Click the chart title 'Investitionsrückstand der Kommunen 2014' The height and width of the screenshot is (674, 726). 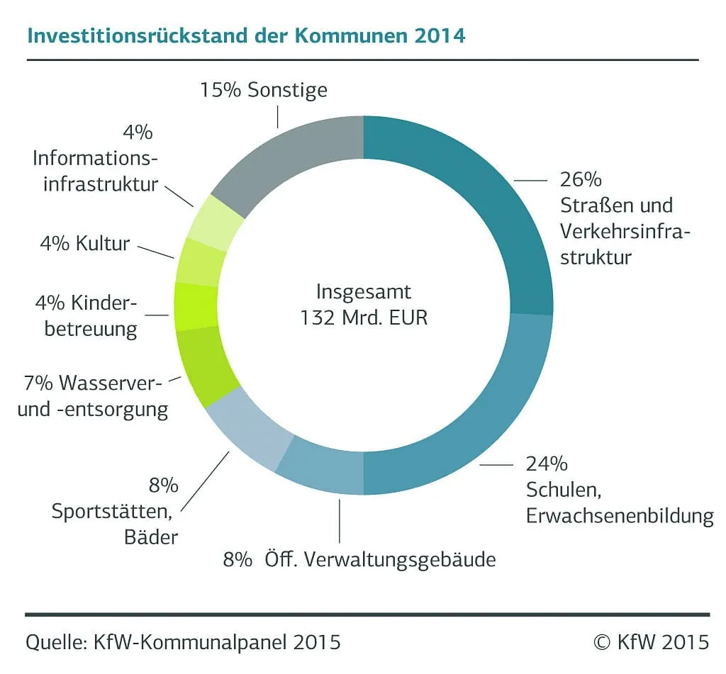click(246, 35)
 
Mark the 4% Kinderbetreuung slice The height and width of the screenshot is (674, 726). click(196, 306)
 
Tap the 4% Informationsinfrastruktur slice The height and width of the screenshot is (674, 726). click(216, 222)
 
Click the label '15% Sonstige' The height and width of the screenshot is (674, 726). click(263, 91)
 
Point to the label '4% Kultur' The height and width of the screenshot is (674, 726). click(84, 244)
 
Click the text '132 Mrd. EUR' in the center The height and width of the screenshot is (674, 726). click(363, 317)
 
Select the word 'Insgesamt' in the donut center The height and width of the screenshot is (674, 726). click(363, 291)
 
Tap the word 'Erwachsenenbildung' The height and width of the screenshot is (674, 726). click(620, 516)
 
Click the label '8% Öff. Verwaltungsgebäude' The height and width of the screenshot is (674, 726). click(359, 560)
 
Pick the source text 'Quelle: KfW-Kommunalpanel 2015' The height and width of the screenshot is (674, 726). click(183, 642)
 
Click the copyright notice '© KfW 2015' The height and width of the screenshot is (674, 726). click(650, 642)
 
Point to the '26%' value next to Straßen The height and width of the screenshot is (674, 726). click(581, 179)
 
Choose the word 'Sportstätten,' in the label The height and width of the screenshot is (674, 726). click(114, 511)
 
